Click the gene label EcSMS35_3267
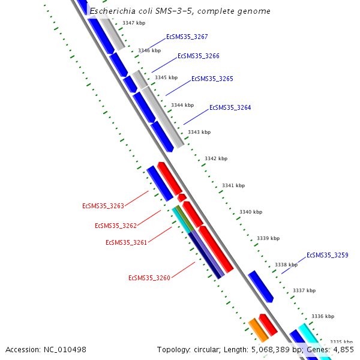(187, 37)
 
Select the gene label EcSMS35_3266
(198, 56)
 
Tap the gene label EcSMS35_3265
(212, 79)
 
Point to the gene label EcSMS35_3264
(230, 108)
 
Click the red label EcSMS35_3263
(103, 206)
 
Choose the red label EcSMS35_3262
(116, 226)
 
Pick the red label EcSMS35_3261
(126, 242)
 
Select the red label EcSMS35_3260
(149, 278)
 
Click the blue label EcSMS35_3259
(327, 255)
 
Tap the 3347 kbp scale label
(133, 23)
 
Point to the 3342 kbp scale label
(216, 158)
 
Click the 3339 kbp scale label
(268, 238)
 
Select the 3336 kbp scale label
(322, 316)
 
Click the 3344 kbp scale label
(182, 105)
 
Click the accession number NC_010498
(65, 349)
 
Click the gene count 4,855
(343, 349)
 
